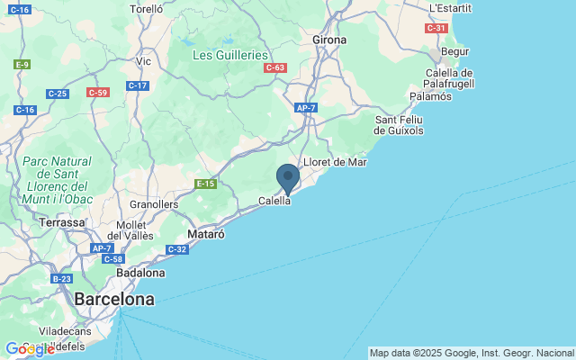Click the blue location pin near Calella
(x=287, y=177)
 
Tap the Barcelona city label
(x=113, y=299)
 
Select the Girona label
(x=329, y=40)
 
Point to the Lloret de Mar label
(x=336, y=162)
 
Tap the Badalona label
(x=141, y=272)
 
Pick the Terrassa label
(x=61, y=221)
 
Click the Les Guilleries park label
(x=230, y=55)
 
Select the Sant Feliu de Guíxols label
(x=400, y=124)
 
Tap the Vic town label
(x=144, y=62)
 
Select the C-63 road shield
(x=275, y=67)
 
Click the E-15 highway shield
(x=206, y=184)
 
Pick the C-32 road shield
(x=176, y=249)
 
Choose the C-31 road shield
(x=436, y=28)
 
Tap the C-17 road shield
(x=138, y=85)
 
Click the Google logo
(x=29, y=349)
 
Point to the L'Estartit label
(x=450, y=8)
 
